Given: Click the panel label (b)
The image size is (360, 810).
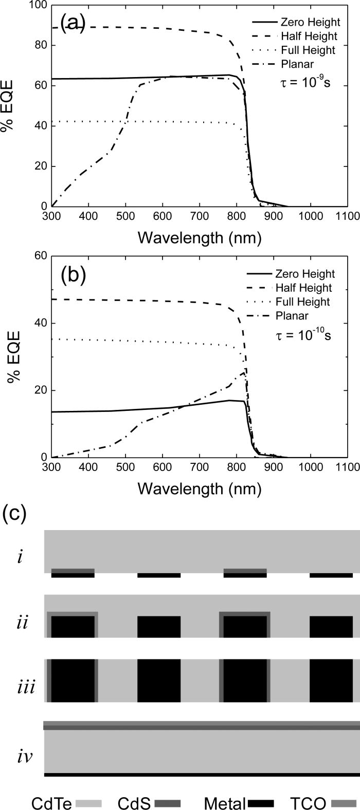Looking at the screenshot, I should [x=72, y=275].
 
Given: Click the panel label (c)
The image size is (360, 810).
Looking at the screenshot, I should [x=14, y=513].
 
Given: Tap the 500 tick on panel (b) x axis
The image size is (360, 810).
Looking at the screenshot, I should [x=125, y=467].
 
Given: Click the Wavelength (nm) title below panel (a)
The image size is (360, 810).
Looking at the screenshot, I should [x=199, y=238].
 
